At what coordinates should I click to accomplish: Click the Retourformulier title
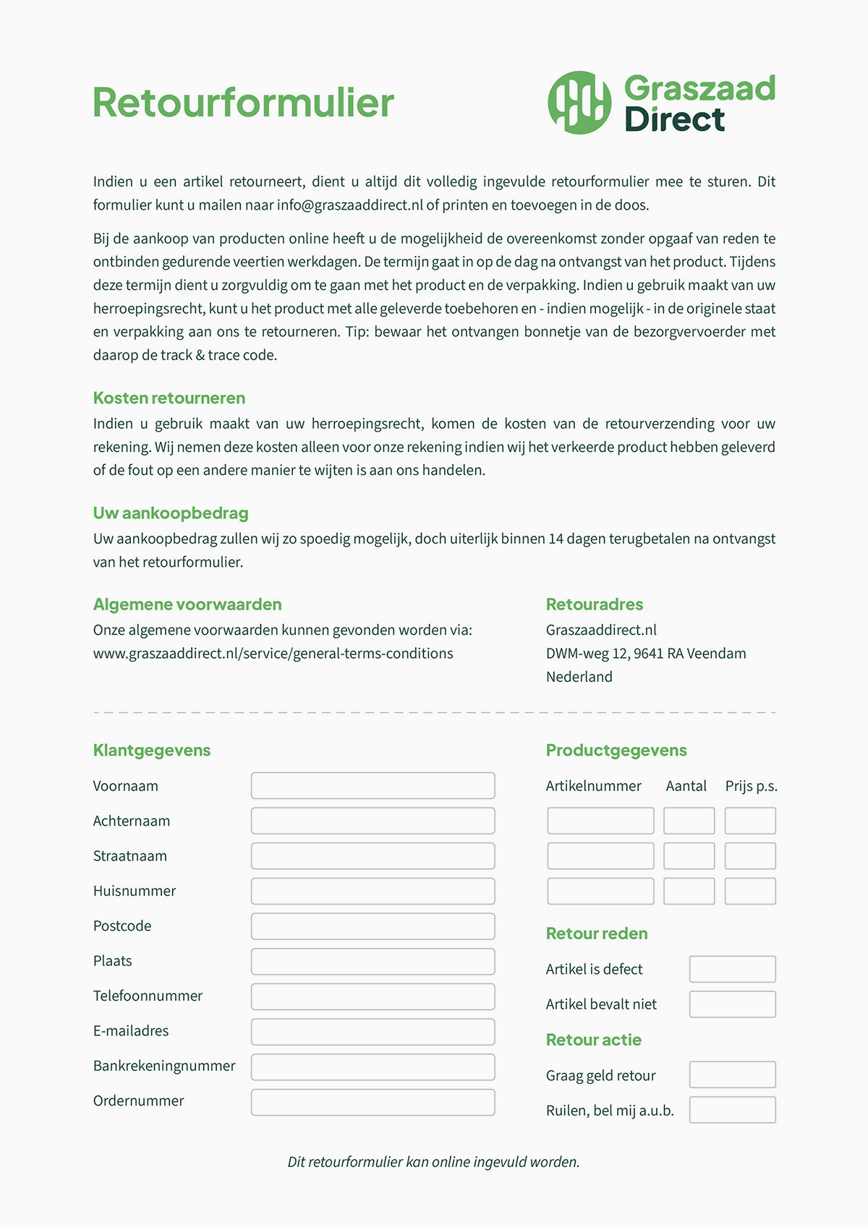pos(243,103)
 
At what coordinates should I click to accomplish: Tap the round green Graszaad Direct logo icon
pos(579,102)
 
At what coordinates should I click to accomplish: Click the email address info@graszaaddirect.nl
pos(349,205)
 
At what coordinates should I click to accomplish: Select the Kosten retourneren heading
pos(169,398)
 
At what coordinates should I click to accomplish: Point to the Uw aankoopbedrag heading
pos(171,513)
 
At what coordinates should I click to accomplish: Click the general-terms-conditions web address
pos(273,654)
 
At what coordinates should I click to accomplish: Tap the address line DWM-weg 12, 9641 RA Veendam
pos(646,654)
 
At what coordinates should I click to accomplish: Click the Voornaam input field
pos(373,786)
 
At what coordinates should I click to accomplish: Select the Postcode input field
pos(373,926)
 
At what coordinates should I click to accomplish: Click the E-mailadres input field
pos(373,1032)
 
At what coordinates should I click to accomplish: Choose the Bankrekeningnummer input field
pos(373,1066)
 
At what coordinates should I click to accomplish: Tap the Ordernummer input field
pos(373,1102)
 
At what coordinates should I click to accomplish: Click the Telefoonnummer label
pos(148,996)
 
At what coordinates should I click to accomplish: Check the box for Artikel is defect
pos(732,969)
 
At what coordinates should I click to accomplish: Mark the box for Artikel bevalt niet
pos(732,1004)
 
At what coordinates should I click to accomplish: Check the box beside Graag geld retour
pos(732,1074)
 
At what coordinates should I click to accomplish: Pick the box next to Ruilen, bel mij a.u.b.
pos(732,1110)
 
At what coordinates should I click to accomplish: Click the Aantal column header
pos(686,786)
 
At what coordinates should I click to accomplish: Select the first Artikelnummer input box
pos(600,821)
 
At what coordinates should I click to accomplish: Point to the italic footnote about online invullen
pos(434,1162)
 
